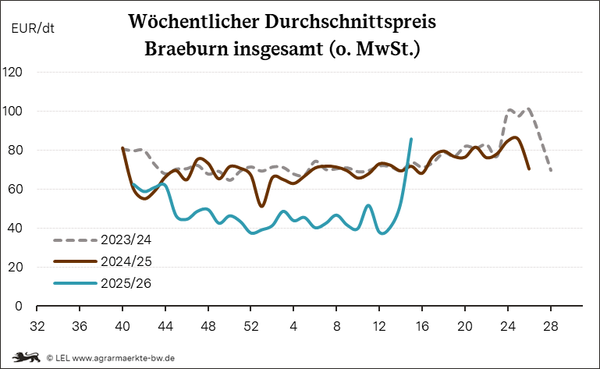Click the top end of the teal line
tap(411, 139)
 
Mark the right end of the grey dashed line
tap(551, 169)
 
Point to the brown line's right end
tap(529, 168)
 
